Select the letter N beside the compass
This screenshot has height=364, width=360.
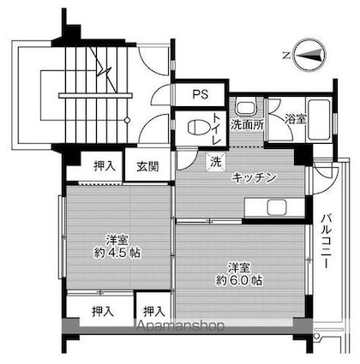coord(285,55)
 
